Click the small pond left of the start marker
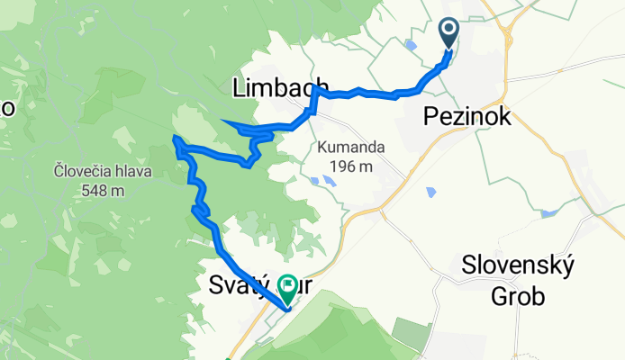coord(412,44)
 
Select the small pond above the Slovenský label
coord(548,214)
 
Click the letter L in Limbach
coord(240,88)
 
